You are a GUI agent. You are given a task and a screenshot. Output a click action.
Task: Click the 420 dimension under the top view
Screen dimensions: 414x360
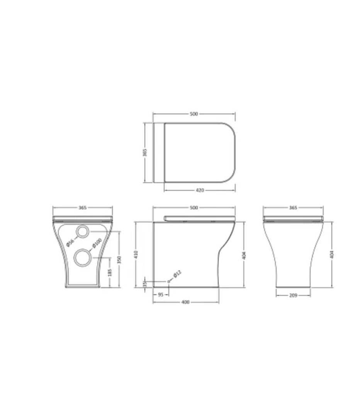[200, 190]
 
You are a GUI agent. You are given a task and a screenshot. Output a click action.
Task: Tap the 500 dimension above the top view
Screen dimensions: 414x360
[194, 114]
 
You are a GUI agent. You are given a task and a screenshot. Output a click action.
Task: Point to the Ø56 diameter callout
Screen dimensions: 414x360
[70, 242]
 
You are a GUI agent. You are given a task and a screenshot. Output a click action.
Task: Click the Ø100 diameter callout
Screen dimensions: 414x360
[97, 244]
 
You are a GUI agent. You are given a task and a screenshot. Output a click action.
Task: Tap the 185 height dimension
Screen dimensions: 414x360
[110, 273]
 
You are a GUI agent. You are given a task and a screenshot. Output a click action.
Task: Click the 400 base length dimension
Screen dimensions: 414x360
[185, 302]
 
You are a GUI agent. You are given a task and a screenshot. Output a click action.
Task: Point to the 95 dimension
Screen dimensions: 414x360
[161, 294]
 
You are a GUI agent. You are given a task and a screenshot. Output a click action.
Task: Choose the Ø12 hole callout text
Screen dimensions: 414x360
[177, 274]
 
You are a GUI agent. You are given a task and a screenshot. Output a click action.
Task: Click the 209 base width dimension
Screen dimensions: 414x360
[293, 295]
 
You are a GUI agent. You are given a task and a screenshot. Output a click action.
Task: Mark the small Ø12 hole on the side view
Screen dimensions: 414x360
[169, 281]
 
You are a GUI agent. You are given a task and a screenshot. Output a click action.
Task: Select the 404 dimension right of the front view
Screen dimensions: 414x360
[332, 254]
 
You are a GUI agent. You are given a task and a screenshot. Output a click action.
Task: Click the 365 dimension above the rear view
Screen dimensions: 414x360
[82, 208]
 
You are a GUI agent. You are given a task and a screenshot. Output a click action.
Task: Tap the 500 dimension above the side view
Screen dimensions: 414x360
[194, 208]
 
